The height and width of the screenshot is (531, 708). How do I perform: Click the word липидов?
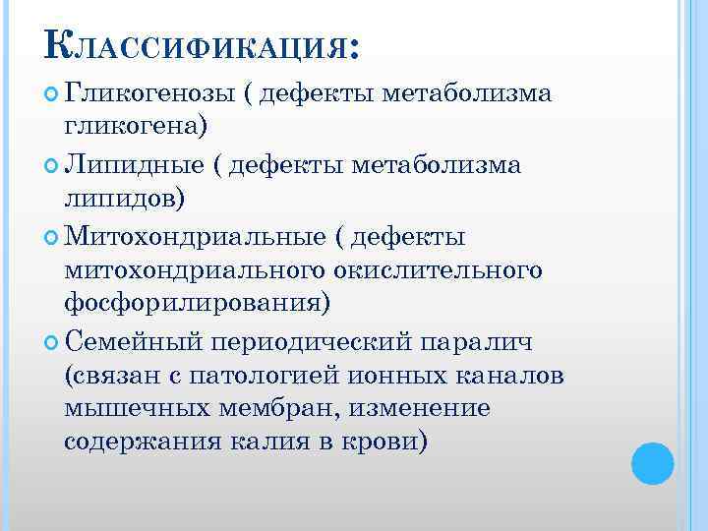tap(123, 200)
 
